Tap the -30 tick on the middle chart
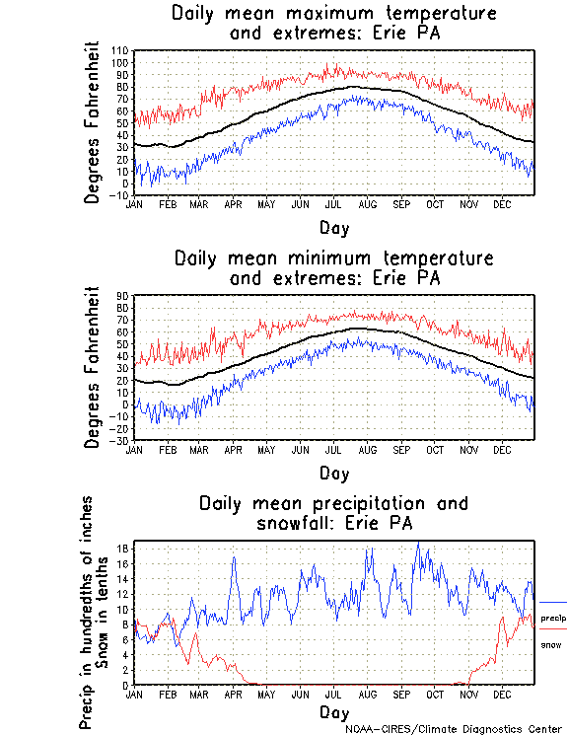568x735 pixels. click(x=120, y=440)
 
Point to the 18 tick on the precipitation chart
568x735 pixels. click(x=123, y=548)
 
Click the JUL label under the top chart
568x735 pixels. click(x=333, y=204)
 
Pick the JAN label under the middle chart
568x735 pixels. click(x=135, y=449)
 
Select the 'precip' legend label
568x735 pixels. click(x=552, y=618)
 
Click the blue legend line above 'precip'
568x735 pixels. click(x=552, y=602)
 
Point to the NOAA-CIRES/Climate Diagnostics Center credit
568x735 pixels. click(x=455, y=728)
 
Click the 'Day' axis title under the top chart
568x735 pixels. click(x=333, y=227)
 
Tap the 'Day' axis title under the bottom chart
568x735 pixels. click(x=333, y=711)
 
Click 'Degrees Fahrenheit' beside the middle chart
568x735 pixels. click(x=94, y=367)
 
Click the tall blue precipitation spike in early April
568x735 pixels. click(x=234, y=559)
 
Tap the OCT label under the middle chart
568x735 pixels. click(x=434, y=449)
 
